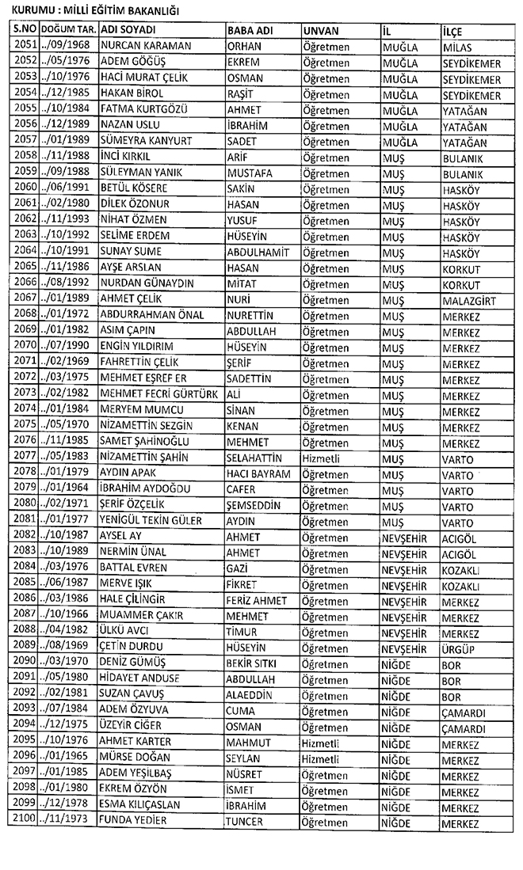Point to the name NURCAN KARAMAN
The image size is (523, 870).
[x=147, y=46]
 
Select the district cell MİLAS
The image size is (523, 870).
[x=459, y=47]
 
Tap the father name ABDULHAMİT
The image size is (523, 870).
[x=258, y=252]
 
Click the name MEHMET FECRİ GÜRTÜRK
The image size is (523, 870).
[x=160, y=394]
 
